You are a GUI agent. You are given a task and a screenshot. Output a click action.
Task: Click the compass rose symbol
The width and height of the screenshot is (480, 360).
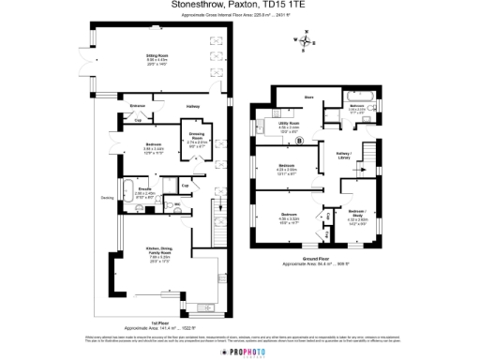coord(307,38)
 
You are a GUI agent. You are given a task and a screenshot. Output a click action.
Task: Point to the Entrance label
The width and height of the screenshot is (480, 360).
coord(137,105)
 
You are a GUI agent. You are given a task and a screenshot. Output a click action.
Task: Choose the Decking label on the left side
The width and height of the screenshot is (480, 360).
coord(107,198)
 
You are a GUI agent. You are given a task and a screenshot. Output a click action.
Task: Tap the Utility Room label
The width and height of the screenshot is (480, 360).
coord(288,123)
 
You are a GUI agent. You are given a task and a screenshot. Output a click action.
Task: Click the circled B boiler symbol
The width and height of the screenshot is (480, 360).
coord(299,143)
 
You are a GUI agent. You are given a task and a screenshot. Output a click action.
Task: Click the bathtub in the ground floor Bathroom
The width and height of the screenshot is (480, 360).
coord(360,97)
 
